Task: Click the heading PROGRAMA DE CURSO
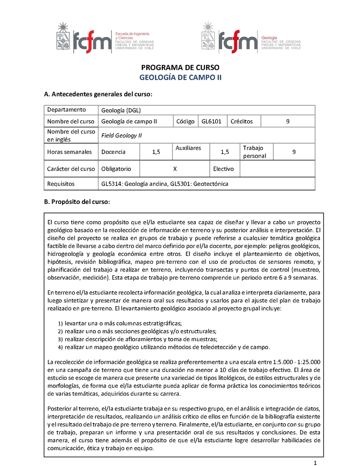[180, 68]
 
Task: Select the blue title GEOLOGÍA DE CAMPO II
[180, 77]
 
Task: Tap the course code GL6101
[211, 121]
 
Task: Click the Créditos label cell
[242, 121]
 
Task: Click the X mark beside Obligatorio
[175, 169]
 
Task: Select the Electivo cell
[224, 169]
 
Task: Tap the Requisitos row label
[61, 184]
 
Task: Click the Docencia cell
[113, 152]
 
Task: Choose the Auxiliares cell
[188, 148]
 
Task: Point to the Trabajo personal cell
[255, 152]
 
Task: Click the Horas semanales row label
[69, 152]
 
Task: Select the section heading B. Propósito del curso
[76, 201]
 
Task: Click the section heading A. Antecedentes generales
[98, 95]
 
